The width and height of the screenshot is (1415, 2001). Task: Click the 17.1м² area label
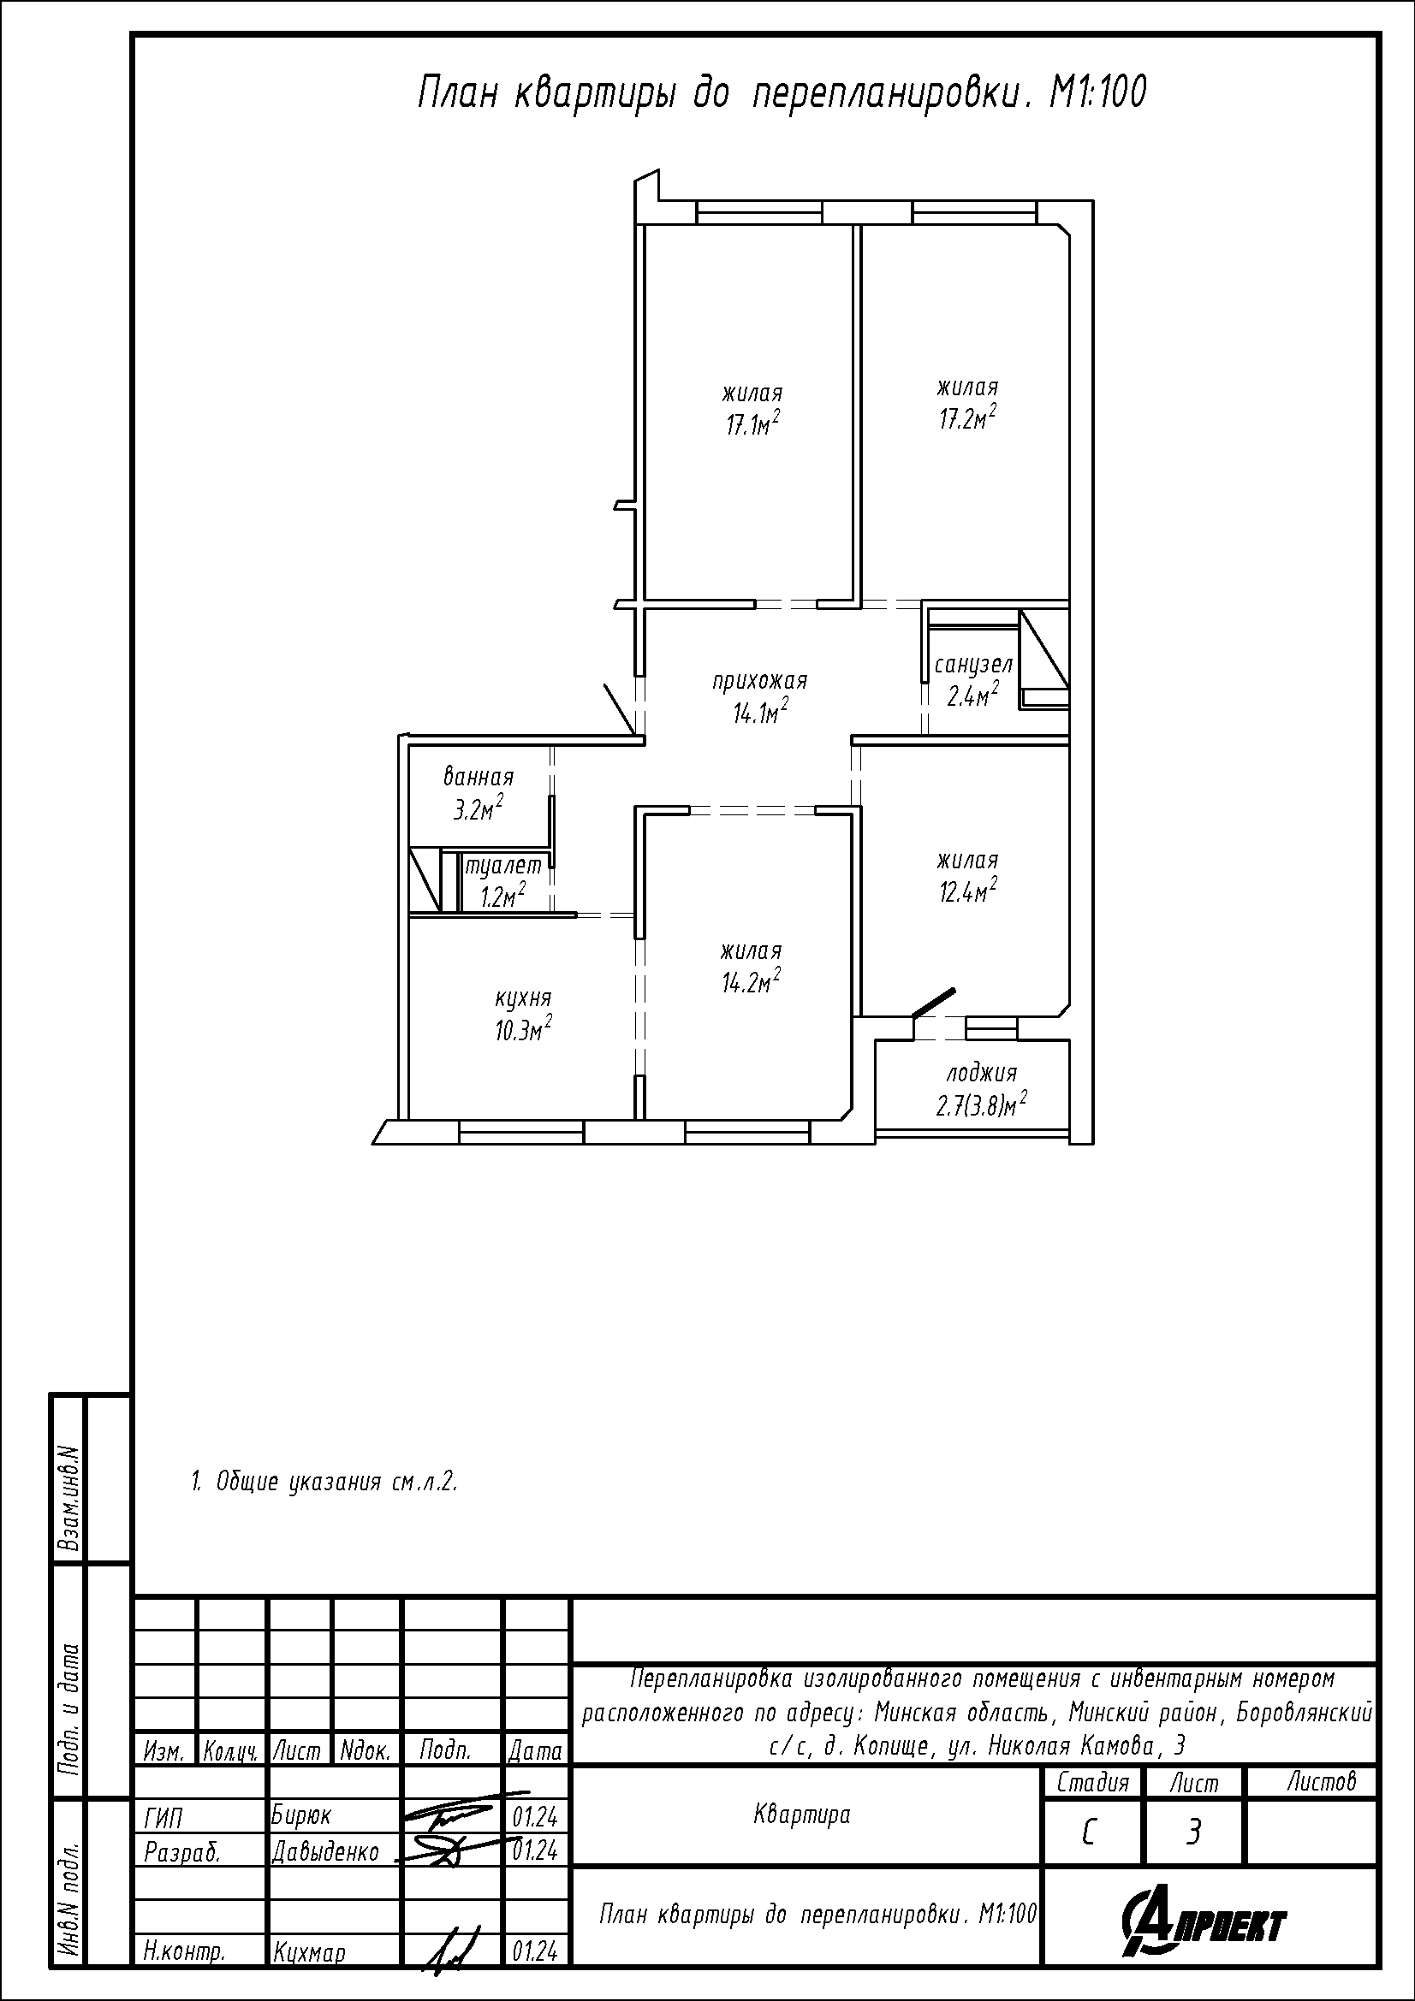pyautogui.click(x=751, y=425)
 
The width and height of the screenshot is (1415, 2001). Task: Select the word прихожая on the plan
pyautogui.click(x=760, y=681)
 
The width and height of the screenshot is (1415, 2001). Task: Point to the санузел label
pyautogui.click(x=973, y=665)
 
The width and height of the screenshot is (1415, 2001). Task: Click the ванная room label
pyautogui.click(x=479, y=777)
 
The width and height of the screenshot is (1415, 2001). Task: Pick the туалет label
pyautogui.click(x=503, y=867)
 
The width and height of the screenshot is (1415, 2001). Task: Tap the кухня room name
pyautogui.click(x=523, y=998)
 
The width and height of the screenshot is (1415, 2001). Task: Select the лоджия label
pyautogui.click(x=982, y=1074)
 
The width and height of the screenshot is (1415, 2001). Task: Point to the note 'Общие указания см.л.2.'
pyautogui.click(x=324, y=1483)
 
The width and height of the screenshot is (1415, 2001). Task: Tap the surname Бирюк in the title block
pyautogui.click(x=301, y=1815)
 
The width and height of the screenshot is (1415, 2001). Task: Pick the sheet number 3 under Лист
pyautogui.click(x=1193, y=1832)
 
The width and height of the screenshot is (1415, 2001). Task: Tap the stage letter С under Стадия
pyautogui.click(x=1089, y=1833)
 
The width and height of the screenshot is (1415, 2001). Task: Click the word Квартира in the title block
pyautogui.click(x=801, y=1815)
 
